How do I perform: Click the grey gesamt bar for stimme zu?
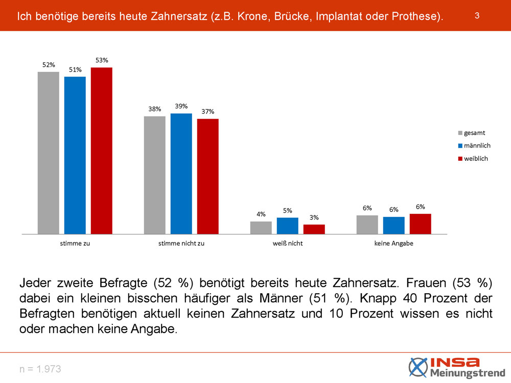point(48,153)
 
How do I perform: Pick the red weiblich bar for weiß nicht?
point(314,229)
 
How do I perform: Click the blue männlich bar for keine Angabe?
point(393,225)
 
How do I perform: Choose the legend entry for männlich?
point(477,146)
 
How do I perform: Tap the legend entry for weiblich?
point(476,158)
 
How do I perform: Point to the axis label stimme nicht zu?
point(181,244)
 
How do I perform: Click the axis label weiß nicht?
point(287,244)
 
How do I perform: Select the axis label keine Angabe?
point(393,244)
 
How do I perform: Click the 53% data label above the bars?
point(102,60)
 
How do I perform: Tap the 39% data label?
point(181,106)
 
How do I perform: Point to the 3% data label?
point(314,218)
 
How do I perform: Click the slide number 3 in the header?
point(476,15)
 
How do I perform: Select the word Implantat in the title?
point(339,16)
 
